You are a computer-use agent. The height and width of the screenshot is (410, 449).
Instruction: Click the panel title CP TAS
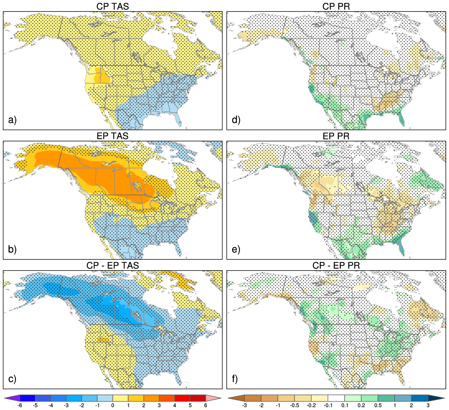pos(112,6)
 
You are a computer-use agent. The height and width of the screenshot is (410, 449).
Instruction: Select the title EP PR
pos(336,136)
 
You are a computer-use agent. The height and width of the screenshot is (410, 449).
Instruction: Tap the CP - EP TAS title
pos(112,265)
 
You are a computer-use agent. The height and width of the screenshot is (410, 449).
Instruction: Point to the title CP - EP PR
pos(336,265)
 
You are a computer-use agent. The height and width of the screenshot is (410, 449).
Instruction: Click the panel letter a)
pos(12,120)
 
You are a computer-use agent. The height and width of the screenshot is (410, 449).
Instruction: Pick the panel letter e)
pos(236,249)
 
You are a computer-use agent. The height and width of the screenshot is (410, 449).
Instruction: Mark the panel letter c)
pos(12,379)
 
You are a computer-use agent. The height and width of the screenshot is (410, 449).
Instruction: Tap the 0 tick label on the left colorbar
pos(113,406)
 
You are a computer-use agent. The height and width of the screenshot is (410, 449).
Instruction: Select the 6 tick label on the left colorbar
pos(206,406)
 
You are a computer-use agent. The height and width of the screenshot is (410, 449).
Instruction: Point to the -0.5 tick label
pos(295,406)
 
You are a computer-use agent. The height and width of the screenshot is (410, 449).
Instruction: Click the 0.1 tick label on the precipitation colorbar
pos(345,406)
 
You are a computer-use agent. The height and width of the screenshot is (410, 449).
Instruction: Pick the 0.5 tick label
pos(378,406)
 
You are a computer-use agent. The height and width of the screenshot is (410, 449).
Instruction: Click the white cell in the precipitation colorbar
pos(336,398)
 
